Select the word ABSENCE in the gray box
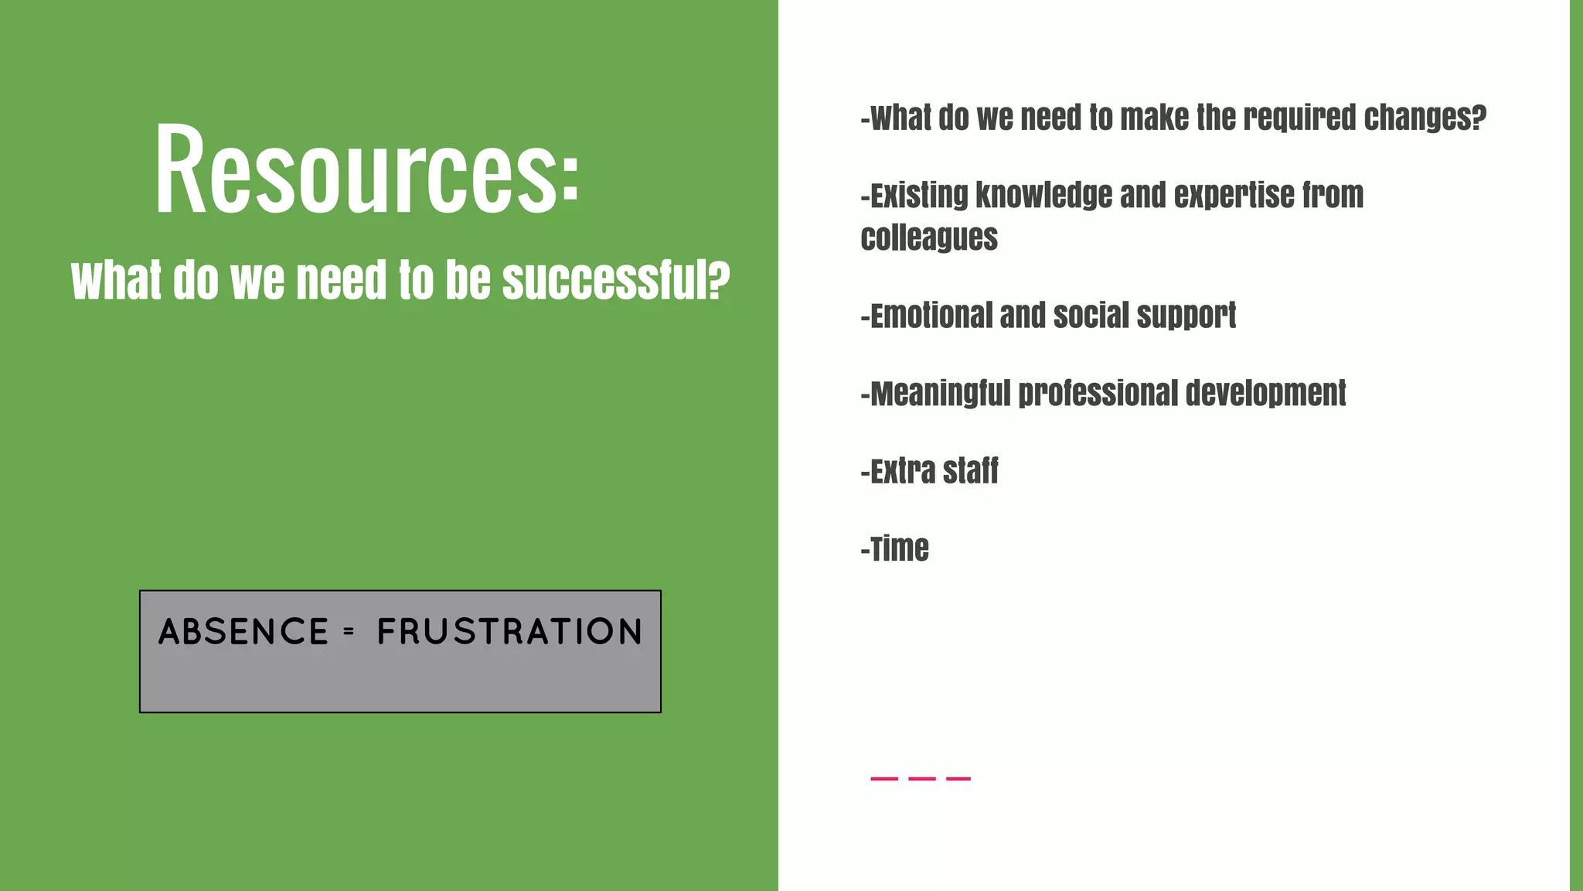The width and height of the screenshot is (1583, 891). tap(243, 632)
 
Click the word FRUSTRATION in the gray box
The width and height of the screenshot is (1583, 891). tap(509, 632)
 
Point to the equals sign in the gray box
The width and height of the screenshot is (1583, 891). tap(349, 632)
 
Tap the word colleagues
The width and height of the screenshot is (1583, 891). tap(929, 237)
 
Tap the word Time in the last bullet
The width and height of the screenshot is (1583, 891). tap(899, 549)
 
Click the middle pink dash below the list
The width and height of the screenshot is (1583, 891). tap(921, 779)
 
